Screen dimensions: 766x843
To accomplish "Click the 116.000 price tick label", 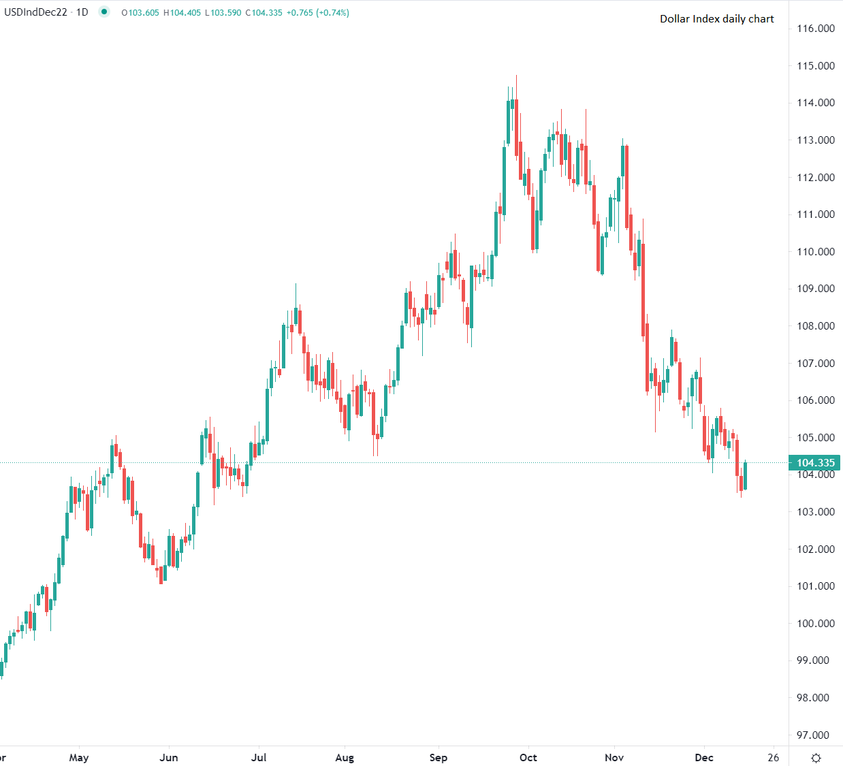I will point(815,29).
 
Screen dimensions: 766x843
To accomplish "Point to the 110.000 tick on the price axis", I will point(815,252).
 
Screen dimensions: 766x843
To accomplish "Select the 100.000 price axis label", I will point(815,624).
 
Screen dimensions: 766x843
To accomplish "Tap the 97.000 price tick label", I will point(815,735).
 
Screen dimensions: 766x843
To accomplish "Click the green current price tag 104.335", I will point(814,463).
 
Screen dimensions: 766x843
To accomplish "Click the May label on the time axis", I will point(79,758).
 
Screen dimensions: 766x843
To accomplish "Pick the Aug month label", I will point(345,758).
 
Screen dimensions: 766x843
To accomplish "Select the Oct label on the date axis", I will point(528,758).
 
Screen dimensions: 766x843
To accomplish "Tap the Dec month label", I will point(704,758).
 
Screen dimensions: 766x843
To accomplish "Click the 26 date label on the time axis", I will point(773,758).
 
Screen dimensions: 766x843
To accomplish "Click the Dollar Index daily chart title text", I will point(716,19).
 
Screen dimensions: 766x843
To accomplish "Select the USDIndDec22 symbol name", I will point(35,12).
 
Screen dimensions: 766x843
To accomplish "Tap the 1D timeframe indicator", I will point(82,12).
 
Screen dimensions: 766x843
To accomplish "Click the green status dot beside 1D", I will point(104,12).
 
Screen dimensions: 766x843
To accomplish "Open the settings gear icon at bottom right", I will point(816,758).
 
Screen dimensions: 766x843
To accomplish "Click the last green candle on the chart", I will point(746,475).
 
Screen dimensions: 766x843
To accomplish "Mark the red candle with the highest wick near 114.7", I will point(516,129).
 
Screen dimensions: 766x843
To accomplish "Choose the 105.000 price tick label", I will point(815,438).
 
